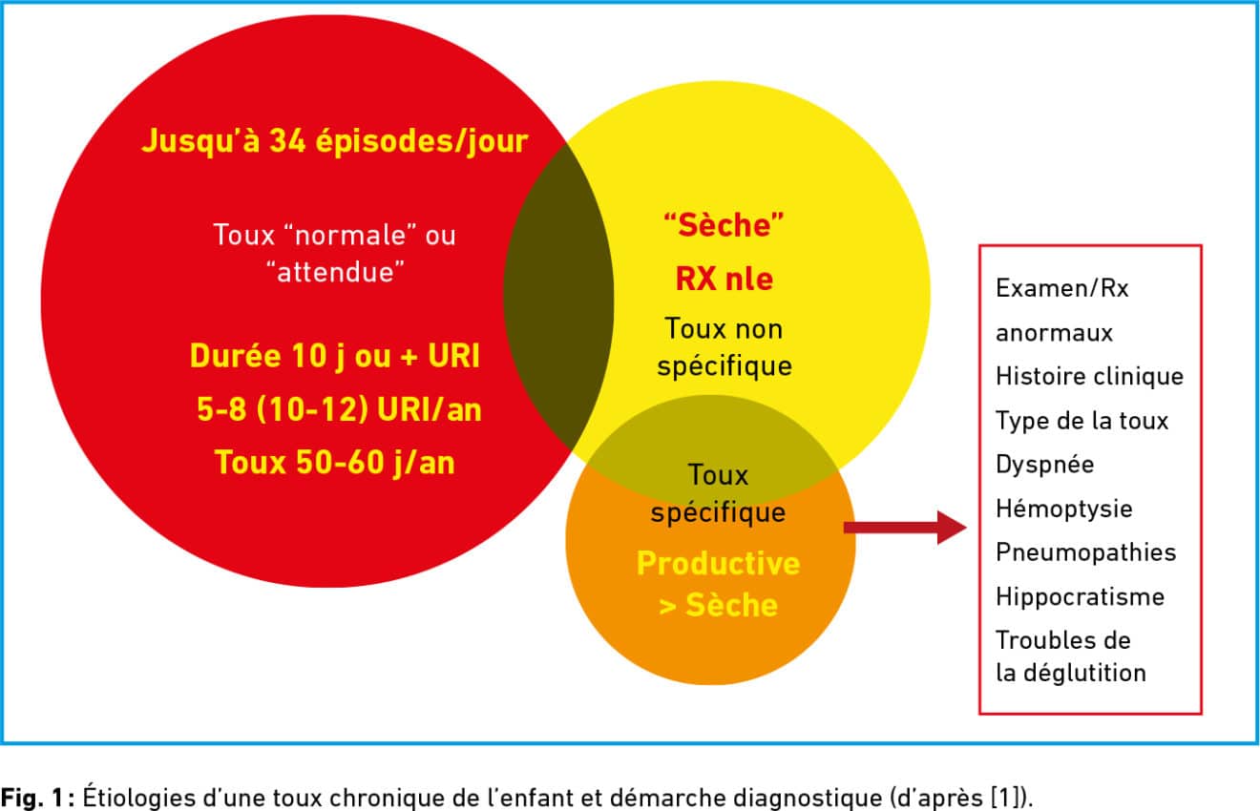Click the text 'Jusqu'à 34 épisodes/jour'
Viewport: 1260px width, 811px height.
(335, 141)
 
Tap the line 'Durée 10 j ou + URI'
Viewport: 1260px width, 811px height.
(335, 357)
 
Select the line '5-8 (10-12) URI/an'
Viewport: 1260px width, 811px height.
(339, 409)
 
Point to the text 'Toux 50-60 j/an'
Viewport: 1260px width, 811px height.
(335, 463)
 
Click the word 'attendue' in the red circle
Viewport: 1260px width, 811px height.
(336, 272)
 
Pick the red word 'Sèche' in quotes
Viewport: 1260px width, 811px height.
(724, 225)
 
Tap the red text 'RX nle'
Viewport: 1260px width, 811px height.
(724, 279)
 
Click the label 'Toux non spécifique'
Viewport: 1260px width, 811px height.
(724, 347)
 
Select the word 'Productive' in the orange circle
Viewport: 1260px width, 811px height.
(719, 563)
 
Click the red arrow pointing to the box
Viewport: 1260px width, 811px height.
(906, 528)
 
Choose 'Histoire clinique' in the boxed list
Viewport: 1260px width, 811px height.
(1089, 376)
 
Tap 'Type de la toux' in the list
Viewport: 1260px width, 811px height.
(1081, 421)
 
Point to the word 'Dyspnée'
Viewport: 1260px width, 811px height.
(1044, 465)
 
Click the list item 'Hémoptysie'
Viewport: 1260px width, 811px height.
(1063, 509)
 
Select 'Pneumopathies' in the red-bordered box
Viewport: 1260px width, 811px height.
(1085, 552)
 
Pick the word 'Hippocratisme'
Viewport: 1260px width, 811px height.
(1080, 597)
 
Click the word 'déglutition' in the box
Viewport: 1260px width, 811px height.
(1084, 674)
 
